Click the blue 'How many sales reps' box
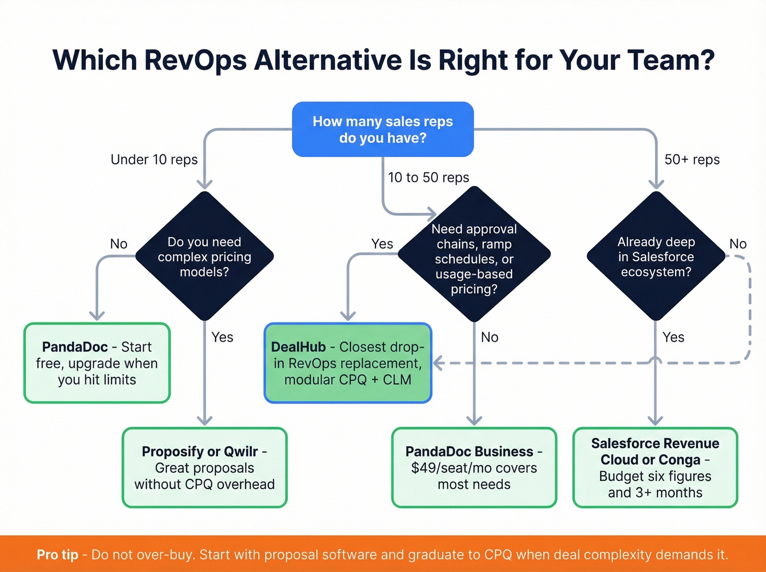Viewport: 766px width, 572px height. (x=382, y=129)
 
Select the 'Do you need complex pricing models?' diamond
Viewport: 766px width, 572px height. (x=204, y=256)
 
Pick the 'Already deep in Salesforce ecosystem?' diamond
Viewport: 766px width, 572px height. (x=655, y=256)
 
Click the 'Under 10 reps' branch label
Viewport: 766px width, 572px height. (x=154, y=159)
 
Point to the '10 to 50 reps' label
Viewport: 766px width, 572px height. (x=428, y=177)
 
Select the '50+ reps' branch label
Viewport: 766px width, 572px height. (x=692, y=159)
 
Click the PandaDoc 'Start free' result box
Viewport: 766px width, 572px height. (x=97, y=363)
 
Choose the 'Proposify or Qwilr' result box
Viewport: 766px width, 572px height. (x=204, y=467)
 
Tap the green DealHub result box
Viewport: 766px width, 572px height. (x=347, y=363)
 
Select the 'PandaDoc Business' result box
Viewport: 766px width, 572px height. (x=474, y=467)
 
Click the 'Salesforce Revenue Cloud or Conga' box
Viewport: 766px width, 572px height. (x=655, y=467)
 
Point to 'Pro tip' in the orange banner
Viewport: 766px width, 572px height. (x=57, y=554)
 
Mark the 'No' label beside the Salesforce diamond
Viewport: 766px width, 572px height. (x=738, y=244)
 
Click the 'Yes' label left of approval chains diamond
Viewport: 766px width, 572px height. (x=382, y=244)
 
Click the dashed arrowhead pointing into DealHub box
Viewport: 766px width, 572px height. (x=438, y=363)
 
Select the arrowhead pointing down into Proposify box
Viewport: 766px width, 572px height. (x=204, y=420)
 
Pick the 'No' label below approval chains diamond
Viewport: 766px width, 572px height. (x=489, y=337)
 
